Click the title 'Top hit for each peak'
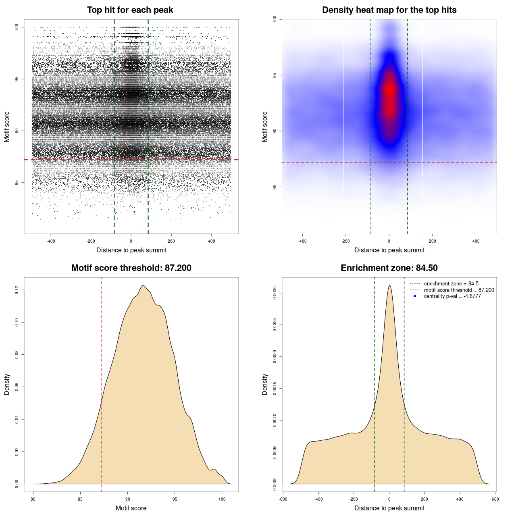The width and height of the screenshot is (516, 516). click(130, 10)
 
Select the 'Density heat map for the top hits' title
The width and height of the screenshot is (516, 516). click(389, 10)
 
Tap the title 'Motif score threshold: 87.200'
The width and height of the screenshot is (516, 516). click(131, 268)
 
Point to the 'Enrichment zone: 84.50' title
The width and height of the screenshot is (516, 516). click(389, 268)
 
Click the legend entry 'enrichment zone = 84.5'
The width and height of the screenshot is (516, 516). click(451, 284)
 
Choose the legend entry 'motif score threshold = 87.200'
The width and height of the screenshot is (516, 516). click(459, 290)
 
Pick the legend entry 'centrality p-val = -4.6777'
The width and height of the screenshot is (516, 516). click(452, 296)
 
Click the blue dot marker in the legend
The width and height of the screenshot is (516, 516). click(415, 296)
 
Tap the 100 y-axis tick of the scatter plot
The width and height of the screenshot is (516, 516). click(17, 27)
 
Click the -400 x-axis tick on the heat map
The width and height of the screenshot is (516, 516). click(302, 241)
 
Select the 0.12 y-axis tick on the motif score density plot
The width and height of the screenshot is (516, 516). click(17, 290)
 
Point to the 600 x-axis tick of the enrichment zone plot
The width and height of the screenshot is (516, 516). click(495, 499)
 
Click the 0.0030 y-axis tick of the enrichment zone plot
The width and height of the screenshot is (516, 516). click(275, 293)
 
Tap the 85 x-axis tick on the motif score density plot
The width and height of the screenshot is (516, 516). click(80, 499)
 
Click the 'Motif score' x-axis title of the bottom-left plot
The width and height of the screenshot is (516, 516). click(131, 508)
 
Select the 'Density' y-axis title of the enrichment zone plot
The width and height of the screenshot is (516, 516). click(265, 384)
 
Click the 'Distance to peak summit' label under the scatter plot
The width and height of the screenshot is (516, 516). click(131, 250)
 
